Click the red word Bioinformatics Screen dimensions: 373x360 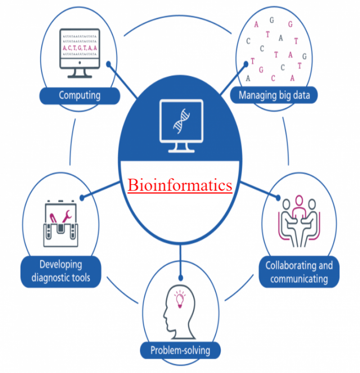point(180,185)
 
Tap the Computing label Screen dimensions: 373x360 point(80,96)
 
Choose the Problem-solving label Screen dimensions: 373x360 point(180,350)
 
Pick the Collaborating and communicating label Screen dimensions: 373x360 point(299,272)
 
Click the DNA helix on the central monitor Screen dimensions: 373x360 point(180,120)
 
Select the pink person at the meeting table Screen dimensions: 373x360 point(299,208)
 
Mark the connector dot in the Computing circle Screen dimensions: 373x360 point(108,64)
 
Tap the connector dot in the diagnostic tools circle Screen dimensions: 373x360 point(82,197)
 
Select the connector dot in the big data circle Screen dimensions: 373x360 point(246,64)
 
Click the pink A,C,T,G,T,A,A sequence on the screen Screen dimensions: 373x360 point(80,47)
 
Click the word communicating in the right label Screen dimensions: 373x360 point(299,278)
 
